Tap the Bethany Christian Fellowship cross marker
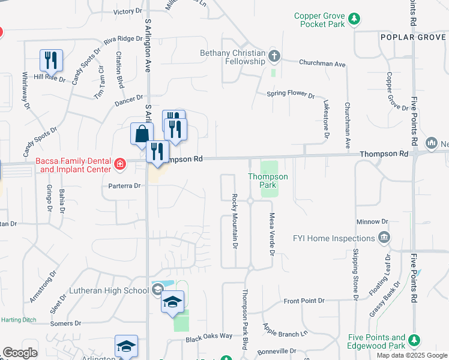275,56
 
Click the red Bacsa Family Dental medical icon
120,164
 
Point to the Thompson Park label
268,181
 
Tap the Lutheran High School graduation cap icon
157,290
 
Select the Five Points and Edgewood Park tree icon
414,341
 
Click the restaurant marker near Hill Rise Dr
52,59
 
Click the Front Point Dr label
304,300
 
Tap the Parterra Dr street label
124,186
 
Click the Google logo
20,352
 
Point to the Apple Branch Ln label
285,329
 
